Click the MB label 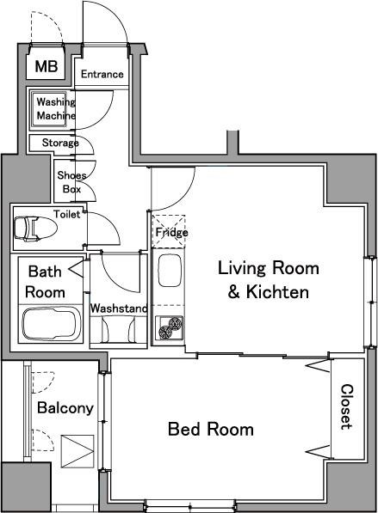coord(46,66)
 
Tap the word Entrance coord(102,74)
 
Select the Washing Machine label coord(56,108)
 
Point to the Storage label coord(60,143)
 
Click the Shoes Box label coord(71,182)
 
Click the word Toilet coord(67,214)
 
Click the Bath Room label coord(46,281)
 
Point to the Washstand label coord(119,308)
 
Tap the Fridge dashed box coord(169,231)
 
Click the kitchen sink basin coord(170,271)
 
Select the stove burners coord(170,327)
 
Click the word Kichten coord(277,291)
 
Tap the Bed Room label coord(211,429)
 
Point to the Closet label coord(347,406)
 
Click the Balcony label coord(65,407)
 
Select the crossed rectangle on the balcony coord(77,451)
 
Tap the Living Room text coord(269,268)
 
